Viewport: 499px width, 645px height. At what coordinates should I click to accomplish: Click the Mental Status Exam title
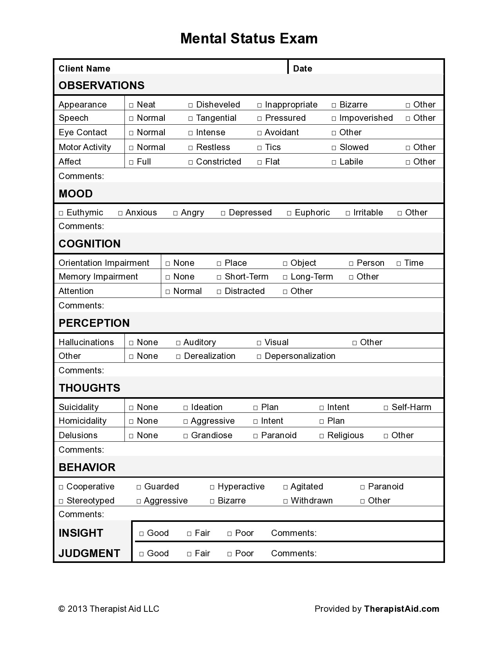[249, 38]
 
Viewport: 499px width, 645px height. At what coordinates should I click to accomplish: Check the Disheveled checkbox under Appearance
[191, 105]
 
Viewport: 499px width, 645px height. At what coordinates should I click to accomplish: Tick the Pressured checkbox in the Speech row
[259, 118]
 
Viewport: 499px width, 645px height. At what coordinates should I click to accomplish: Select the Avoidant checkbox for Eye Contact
[259, 133]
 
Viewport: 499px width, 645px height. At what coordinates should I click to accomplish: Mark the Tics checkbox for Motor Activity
[259, 148]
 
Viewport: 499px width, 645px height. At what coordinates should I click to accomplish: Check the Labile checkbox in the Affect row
[334, 162]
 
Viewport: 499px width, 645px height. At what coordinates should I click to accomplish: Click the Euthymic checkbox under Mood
[61, 213]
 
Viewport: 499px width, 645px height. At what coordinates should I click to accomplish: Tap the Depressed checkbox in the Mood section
[223, 213]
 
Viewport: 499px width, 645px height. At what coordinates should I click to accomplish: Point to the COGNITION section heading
[90, 244]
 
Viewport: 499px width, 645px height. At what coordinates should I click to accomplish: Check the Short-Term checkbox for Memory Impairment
[219, 277]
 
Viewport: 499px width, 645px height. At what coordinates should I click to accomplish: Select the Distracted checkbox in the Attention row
[219, 292]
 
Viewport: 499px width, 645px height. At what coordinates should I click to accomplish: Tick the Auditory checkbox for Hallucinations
[178, 343]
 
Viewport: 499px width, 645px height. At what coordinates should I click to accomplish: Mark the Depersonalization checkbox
[259, 357]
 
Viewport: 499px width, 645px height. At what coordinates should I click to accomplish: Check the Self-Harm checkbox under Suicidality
[386, 408]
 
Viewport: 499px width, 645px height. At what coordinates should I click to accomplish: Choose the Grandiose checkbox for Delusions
[186, 436]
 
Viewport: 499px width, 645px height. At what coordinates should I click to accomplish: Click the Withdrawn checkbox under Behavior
[286, 501]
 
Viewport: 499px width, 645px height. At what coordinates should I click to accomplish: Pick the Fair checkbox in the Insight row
[189, 534]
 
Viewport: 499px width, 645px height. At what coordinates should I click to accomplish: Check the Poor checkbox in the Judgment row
[230, 554]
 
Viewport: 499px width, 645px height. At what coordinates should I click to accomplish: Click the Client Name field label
[85, 68]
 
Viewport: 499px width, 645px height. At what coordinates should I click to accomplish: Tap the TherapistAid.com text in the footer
[402, 609]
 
